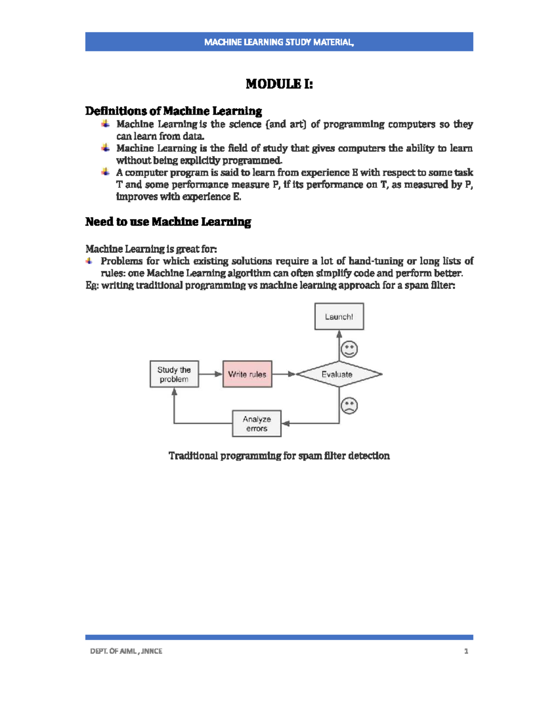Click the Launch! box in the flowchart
[339, 317]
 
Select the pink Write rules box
[247, 374]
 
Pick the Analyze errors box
[257, 424]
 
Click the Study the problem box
[174, 374]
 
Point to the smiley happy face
[349, 349]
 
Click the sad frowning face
[349, 406]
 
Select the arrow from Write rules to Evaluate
[284, 374]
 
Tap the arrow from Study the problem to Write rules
[211, 374]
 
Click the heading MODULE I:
[279, 84]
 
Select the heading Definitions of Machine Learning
[173, 111]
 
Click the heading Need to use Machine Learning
[168, 222]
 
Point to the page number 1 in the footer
[466, 651]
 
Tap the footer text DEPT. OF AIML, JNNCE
[126, 651]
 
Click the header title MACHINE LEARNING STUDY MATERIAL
[279, 42]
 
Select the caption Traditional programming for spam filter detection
[279, 456]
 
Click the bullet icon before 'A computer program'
[106, 172]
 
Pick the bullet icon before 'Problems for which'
[89, 261]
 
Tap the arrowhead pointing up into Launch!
[339, 334]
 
